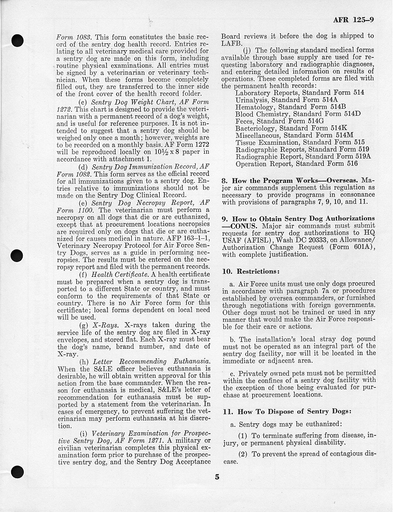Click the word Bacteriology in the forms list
256,128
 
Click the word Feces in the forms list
245,121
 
